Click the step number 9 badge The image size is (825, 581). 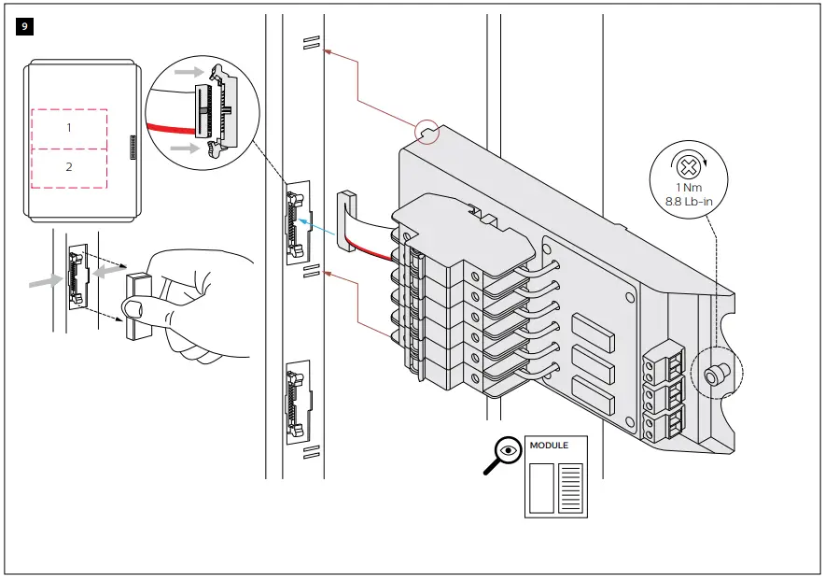pyautogui.click(x=24, y=26)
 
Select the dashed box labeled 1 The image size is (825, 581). pyautogui.click(x=69, y=128)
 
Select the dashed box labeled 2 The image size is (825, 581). pyautogui.click(x=69, y=166)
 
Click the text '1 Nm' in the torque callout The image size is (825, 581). pyautogui.click(x=689, y=189)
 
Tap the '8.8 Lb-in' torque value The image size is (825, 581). pyautogui.click(x=689, y=203)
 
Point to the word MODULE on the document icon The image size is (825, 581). pyautogui.click(x=549, y=446)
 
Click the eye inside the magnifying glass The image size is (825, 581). pyautogui.click(x=508, y=449)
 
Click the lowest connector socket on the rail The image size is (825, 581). pyautogui.click(x=296, y=403)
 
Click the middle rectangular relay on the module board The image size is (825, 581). pyautogui.click(x=594, y=362)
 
